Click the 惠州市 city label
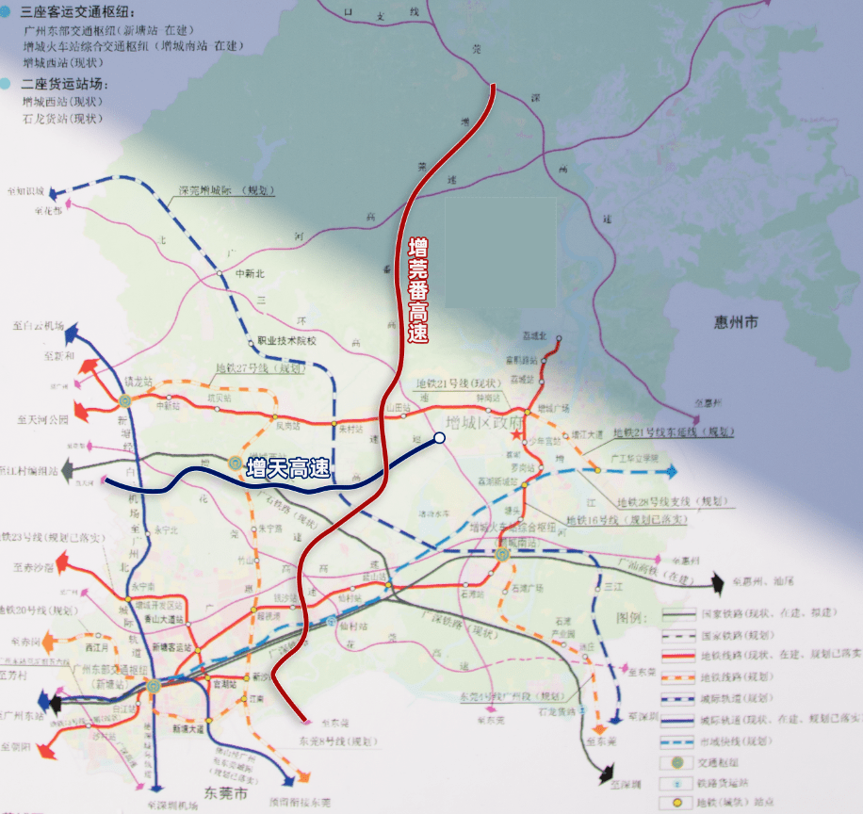click(736, 323)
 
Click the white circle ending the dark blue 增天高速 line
click(439, 438)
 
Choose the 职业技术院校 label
click(286, 340)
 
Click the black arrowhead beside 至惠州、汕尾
click(718, 583)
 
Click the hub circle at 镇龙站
click(125, 399)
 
